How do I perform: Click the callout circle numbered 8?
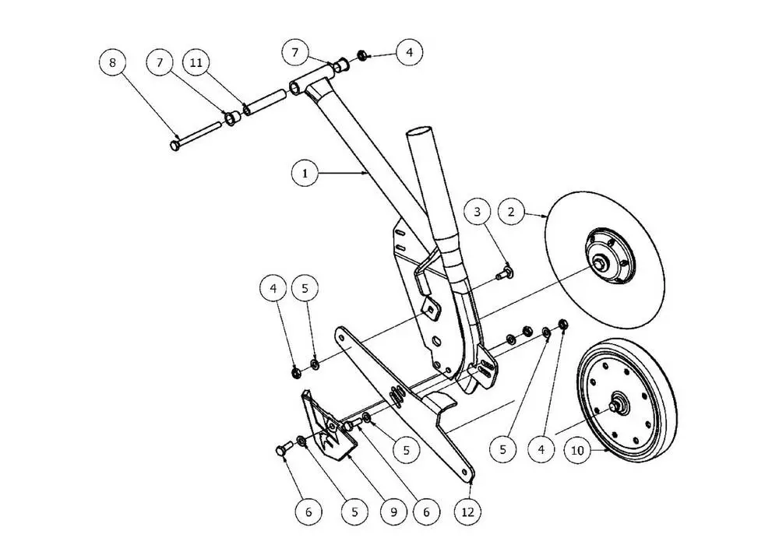113,62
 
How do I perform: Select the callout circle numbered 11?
196,62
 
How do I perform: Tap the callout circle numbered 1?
305,174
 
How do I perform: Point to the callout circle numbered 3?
478,212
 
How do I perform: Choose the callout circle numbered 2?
511,212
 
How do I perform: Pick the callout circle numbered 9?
393,512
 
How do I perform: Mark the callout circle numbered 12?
468,512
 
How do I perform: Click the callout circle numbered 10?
577,451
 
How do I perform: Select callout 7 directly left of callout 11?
160,62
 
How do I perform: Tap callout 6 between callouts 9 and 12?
426,512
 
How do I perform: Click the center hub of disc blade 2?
603,262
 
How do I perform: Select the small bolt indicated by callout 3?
505,272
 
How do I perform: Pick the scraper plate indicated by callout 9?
328,426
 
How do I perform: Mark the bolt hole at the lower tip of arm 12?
466,471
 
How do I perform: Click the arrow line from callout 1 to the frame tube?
343,174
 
